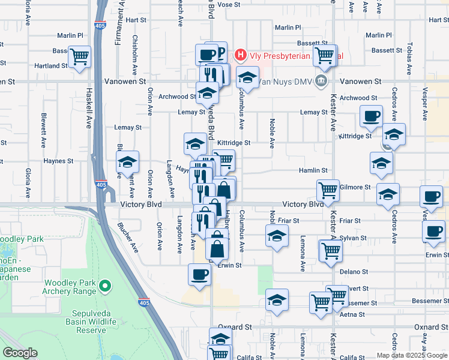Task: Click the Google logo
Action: [20, 353]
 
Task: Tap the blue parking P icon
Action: [220, 53]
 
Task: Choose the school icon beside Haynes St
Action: [127, 162]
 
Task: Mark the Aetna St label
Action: [352, 314]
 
